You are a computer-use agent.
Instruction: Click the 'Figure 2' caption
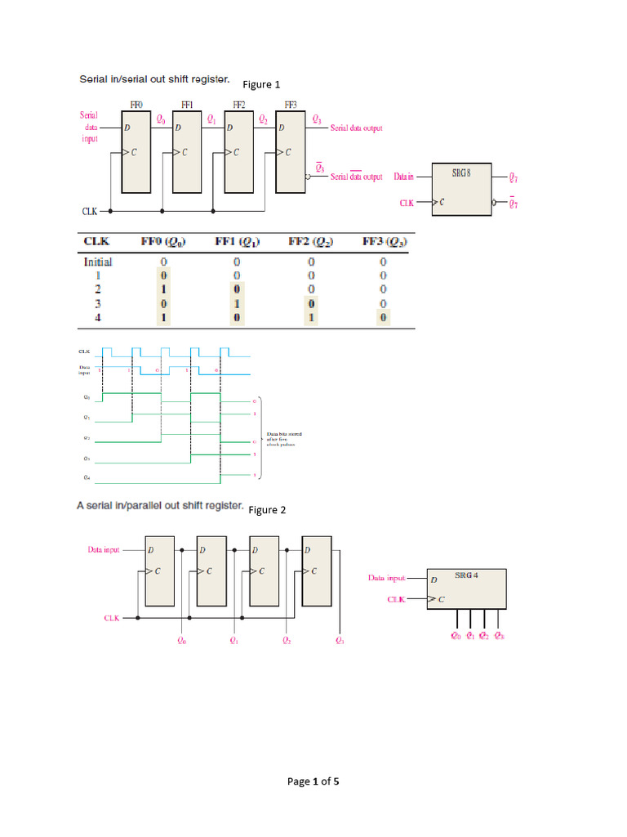tap(268, 510)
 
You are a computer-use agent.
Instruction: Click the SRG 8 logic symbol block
tap(461, 190)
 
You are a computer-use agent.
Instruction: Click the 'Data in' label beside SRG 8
tap(404, 177)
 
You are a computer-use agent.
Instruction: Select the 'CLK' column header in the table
tap(97, 241)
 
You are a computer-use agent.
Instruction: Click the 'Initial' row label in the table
tap(98, 262)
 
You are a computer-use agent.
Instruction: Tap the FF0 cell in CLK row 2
tap(163, 289)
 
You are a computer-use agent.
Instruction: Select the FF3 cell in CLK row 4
tap(383, 317)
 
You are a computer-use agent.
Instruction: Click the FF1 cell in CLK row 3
tap(237, 303)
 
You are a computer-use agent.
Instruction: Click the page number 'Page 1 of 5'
tap(313, 781)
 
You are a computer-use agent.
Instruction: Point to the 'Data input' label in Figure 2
tap(104, 550)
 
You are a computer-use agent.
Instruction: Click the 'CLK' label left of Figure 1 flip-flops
tap(90, 211)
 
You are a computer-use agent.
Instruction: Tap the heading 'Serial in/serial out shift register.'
tap(154, 80)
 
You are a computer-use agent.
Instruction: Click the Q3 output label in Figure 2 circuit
tap(340, 642)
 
